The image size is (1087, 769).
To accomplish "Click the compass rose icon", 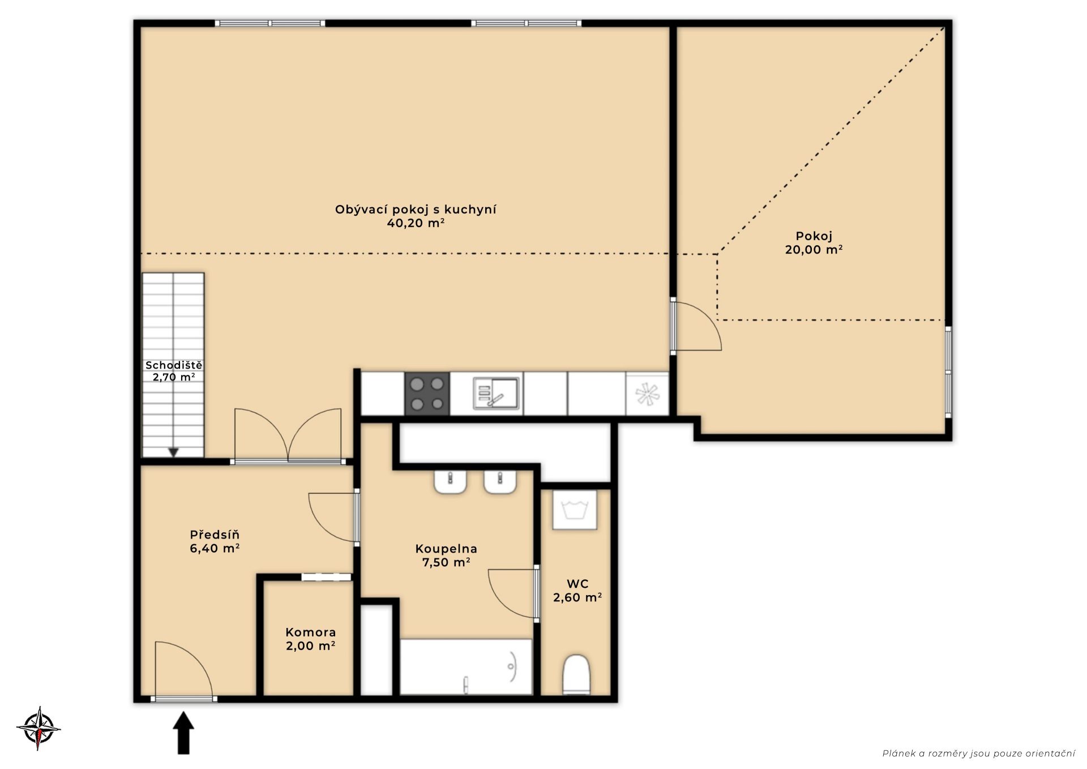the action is pyautogui.click(x=38, y=728).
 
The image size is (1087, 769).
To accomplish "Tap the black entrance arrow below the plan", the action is pyautogui.click(x=183, y=733).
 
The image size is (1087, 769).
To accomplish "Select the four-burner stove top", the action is pyautogui.click(x=427, y=394).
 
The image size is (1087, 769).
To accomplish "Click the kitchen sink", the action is pyautogui.click(x=496, y=393).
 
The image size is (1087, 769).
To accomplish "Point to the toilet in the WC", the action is pyautogui.click(x=577, y=675).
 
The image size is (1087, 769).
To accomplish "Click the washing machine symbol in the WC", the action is pyautogui.click(x=575, y=510).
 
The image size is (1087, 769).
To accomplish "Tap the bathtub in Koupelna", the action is pyautogui.click(x=466, y=667).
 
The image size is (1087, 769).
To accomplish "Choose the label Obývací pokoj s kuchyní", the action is pyautogui.click(x=416, y=210).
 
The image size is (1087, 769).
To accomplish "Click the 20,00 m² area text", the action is pyautogui.click(x=814, y=250).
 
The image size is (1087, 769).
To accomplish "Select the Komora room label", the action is pyautogui.click(x=310, y=633).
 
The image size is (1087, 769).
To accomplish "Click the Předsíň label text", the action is pyautogui.click(x=215, y=535).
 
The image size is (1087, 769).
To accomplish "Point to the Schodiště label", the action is pyautogui.click(x=174, y=365).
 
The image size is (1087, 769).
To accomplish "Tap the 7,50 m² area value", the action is pyautogui.click(x=446, y=562).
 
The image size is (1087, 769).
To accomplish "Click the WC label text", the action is pyautogui.click(x=577, y=584).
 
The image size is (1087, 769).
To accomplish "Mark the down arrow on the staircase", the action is pyautogui.click(x=174, y=452).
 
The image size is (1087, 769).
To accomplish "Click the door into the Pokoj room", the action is pyautogui.click(x=696, y=326).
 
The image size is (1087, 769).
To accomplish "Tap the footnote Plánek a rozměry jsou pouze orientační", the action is pyautogui.click(x=978, y=753).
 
